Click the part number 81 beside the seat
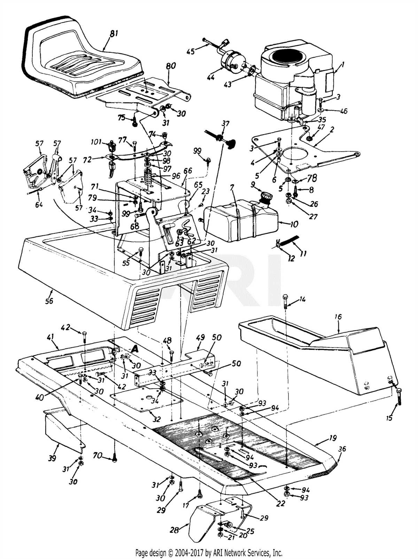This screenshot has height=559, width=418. (114, 33)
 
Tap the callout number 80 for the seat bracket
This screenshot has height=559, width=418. (171, 66)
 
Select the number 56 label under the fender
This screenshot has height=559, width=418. (49, 301)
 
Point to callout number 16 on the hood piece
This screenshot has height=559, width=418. (338, 317)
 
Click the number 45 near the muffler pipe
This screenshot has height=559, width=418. (191, 51)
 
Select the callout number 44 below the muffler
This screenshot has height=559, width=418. (211, 77)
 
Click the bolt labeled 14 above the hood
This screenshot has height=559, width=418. (285, 301)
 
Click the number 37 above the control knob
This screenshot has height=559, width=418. (225, 124)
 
